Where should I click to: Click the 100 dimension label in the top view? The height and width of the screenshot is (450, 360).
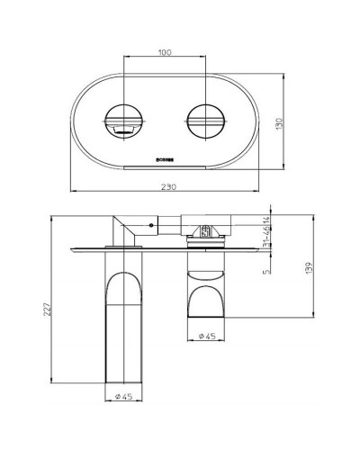[x=164, y=52]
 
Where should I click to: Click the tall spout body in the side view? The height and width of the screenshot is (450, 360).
[x=125, y=333]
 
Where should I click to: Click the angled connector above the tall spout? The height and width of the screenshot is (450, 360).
[x=125, y=230]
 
